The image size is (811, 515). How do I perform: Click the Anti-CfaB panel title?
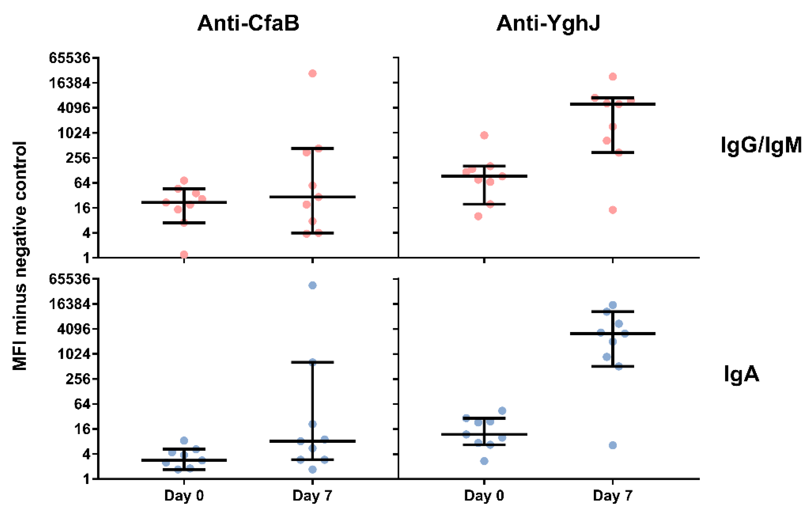[248, 23]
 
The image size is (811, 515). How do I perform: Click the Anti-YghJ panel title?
[548, 23]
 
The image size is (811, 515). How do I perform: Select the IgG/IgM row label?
[761, 146]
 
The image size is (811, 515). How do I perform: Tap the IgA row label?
[742, 374]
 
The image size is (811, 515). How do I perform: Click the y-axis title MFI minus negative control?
[19, 256]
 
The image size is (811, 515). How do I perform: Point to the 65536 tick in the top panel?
[70, 58]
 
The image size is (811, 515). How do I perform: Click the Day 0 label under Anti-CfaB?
[184, 496]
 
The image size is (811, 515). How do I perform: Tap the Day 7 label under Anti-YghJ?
[613, 496]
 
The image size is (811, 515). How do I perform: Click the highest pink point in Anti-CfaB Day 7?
[312, 73]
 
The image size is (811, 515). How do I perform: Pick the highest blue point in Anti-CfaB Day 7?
[312, 285]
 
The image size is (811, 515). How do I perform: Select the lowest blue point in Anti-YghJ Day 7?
[613, 445]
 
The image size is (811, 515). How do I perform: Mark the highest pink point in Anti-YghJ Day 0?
[484, 135]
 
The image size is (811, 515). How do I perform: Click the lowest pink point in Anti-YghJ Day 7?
[613, 210]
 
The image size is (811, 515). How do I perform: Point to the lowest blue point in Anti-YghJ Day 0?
[484, 461]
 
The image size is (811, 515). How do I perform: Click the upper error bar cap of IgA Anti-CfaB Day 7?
[312, 362]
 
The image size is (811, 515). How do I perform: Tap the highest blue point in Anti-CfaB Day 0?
[184, 440]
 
